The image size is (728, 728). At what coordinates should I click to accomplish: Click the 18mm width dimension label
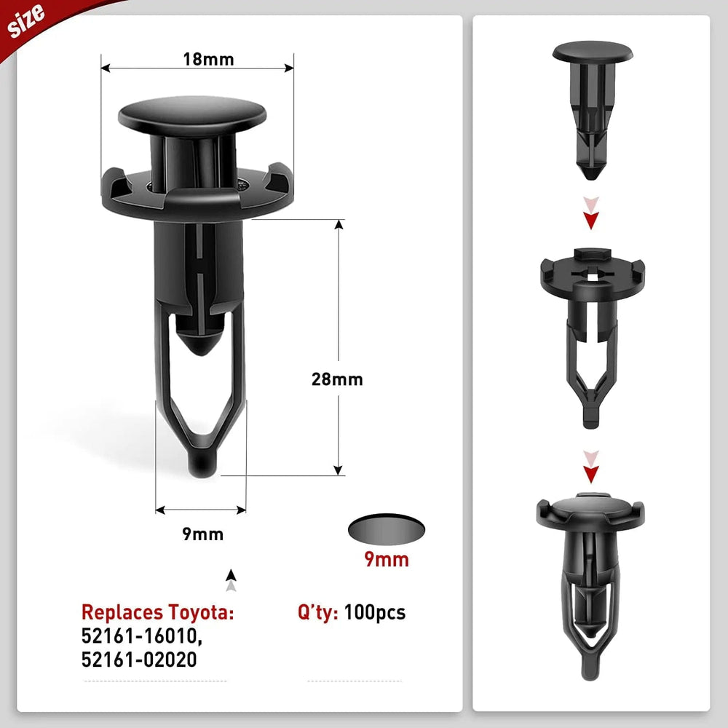207,59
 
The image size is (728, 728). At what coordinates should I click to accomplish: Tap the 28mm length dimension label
336,379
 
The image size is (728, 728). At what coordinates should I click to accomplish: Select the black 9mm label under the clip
202,534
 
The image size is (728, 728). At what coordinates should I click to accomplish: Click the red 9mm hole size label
386,559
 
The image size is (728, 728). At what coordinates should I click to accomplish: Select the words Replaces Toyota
157,612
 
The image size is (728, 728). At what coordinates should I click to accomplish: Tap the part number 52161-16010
140,636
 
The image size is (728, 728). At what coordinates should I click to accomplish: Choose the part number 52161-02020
138,660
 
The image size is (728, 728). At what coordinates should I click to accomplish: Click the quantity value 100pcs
375,612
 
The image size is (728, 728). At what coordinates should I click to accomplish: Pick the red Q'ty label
318,612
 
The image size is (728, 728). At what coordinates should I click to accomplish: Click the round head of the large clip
192,115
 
